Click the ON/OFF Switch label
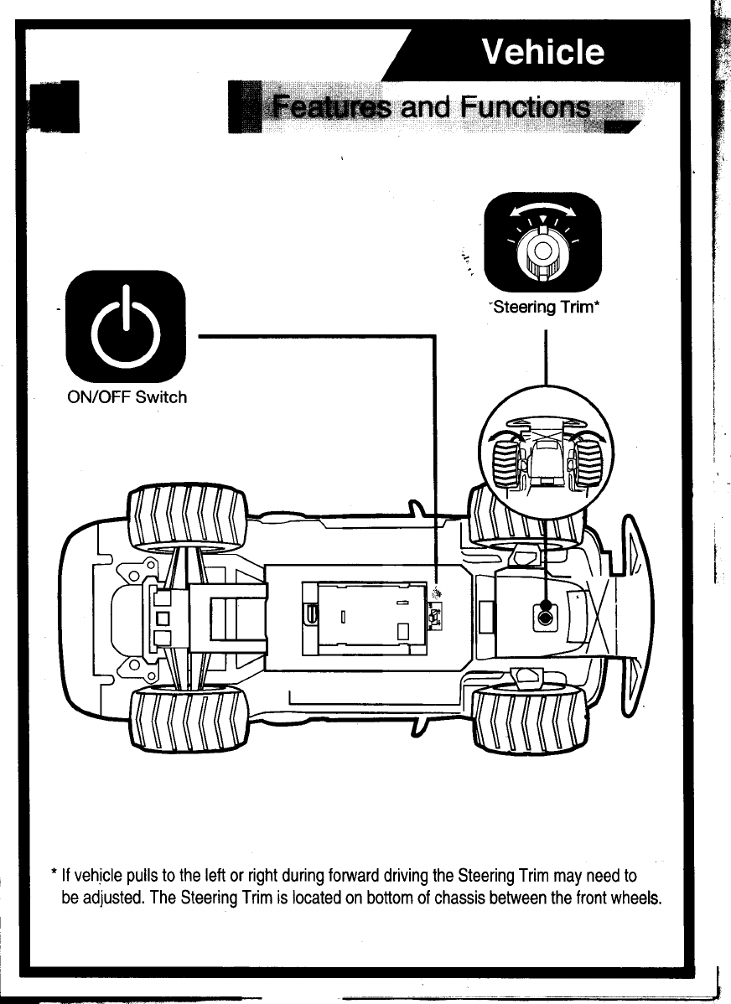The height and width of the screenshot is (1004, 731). (126, 396)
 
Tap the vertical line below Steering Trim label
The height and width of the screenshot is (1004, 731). (546, 352)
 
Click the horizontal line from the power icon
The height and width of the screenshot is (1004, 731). (319, 336)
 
